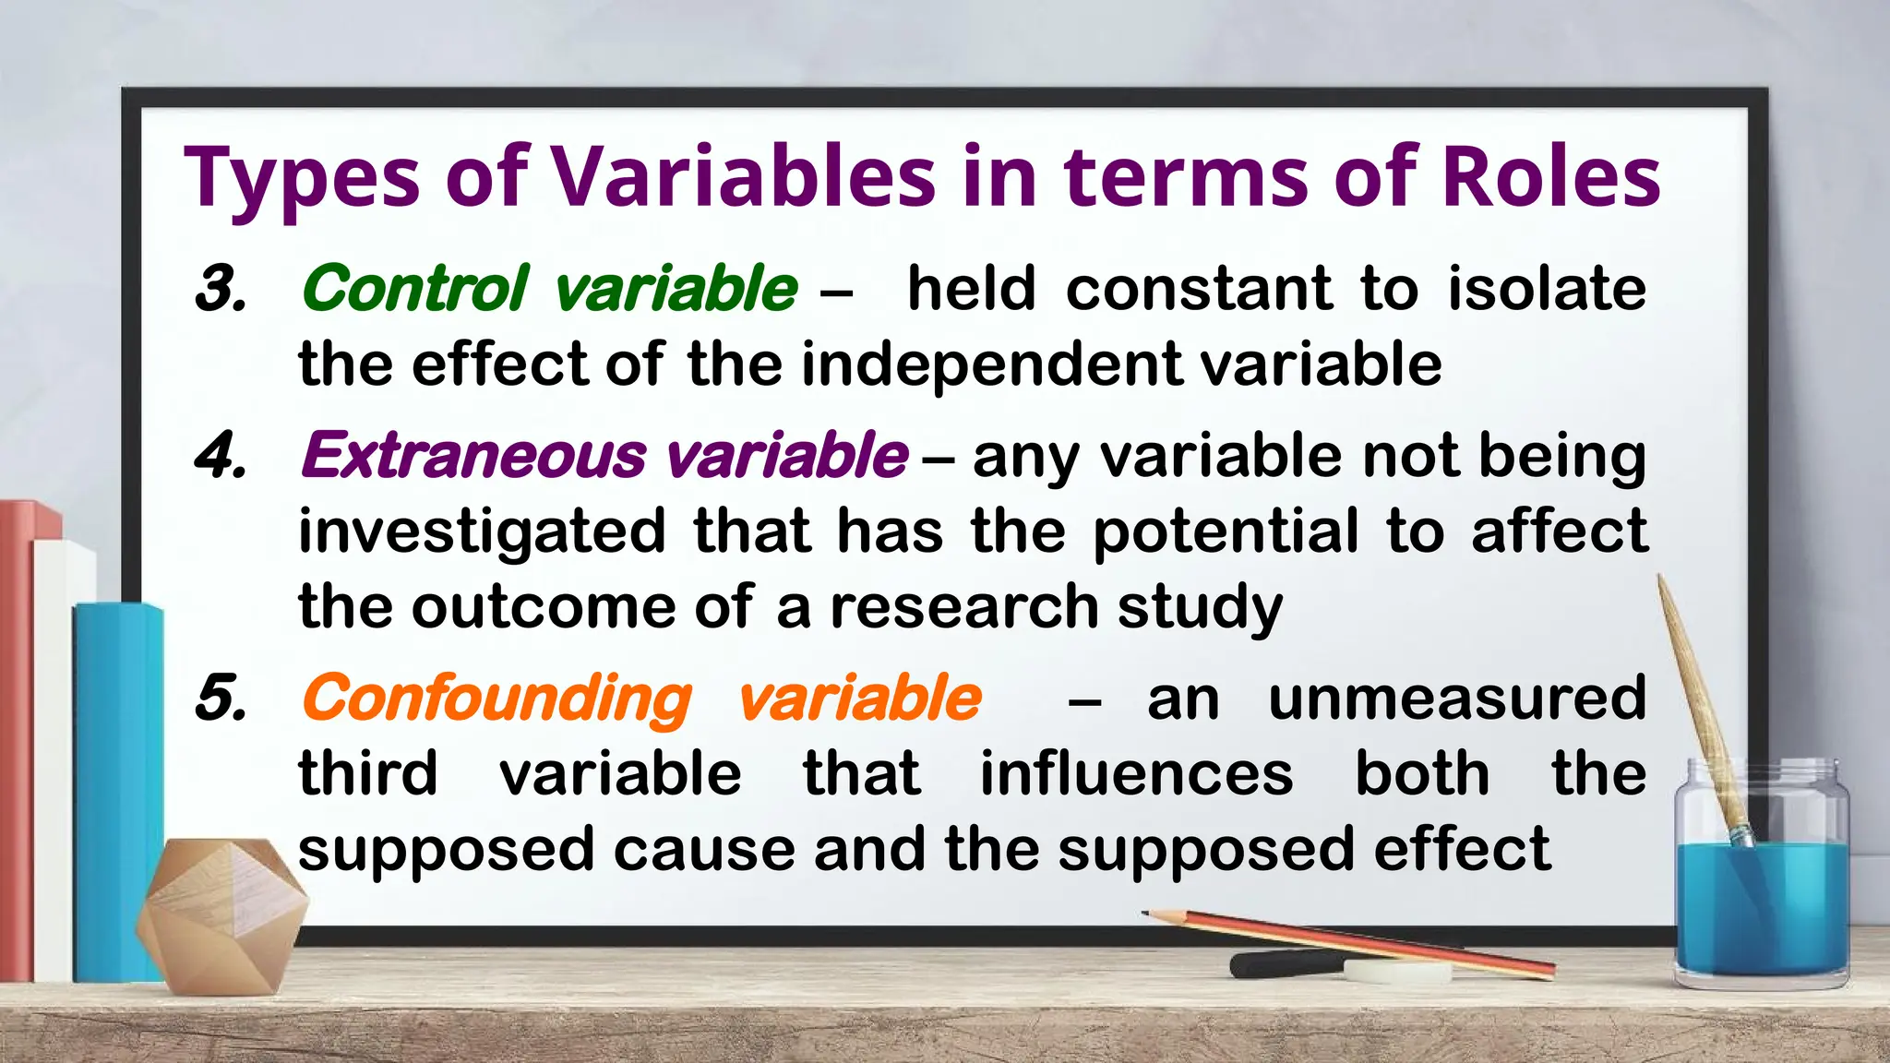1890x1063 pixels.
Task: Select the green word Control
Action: pyautogui.click(x=415, y=288)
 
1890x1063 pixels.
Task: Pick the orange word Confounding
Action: pyautogui.click(x=496, y=699)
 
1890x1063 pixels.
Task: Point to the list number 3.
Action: pyautogui.click(x=221, y=288)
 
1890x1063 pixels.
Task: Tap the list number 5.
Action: pyautogui.click(x=221, y=698)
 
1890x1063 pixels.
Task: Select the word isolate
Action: pyautogui.click(x=1547, y=288)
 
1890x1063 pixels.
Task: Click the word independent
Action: pyautogui.click(x=991, y=364)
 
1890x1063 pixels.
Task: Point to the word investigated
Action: pyautogui.click(x=482, y=532)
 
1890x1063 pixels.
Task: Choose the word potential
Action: pyautogui.click(x=1226, y=532)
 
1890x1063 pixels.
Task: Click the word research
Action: pyautogui.click(x=963, y=607)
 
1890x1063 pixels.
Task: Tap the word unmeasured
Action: pyautogui.click(x=1457, y=698)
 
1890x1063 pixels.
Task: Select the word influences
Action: pyautogui.click(x=1136, y=773)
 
